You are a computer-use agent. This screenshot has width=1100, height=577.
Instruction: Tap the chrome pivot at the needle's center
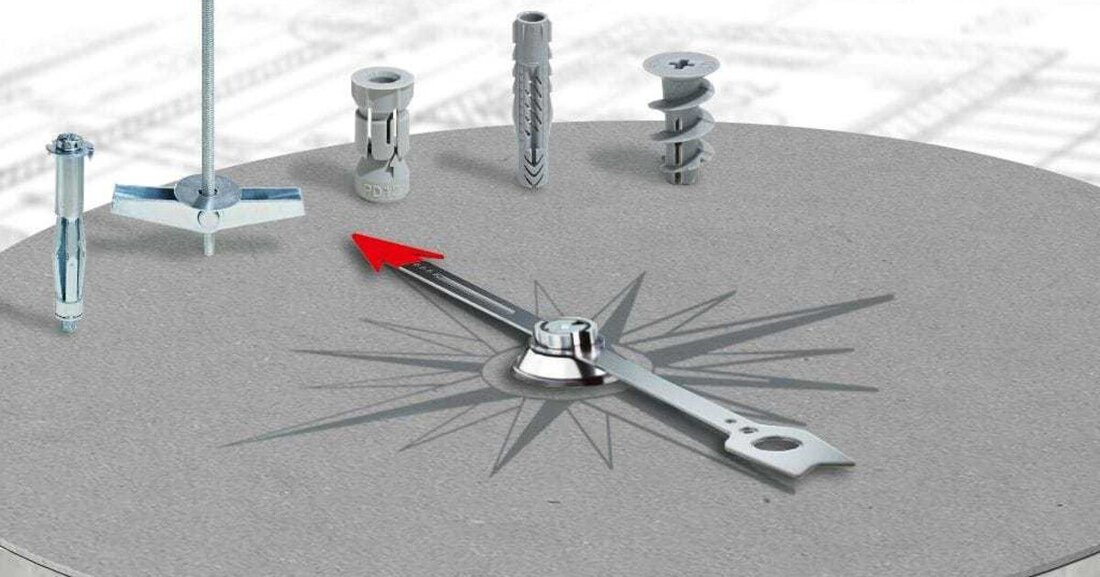564,335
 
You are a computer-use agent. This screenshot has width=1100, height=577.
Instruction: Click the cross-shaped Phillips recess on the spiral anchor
680,65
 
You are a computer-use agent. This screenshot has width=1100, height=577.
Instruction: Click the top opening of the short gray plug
383,76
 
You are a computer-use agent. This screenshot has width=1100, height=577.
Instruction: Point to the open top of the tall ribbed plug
531,19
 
